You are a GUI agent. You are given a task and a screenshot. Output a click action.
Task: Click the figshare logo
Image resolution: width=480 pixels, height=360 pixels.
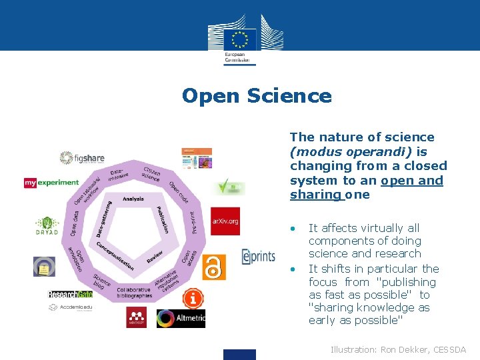pyautogui.click(x=82, y=158)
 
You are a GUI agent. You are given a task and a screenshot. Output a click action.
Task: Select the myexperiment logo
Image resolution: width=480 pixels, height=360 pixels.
pyautogui.click(x=51, y=182)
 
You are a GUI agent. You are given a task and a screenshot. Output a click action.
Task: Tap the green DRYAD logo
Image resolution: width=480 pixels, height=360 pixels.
pyautogui.click(x=47, y=226)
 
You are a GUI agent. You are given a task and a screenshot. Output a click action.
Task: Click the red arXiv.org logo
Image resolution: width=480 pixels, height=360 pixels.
pyautogui.click(x=225, y=221)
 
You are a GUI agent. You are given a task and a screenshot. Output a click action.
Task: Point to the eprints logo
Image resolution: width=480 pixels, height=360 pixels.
pyautogui.click(x=258, y=256)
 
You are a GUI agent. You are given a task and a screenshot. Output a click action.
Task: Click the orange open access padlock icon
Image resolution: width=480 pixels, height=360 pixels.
pyautogui.click(x=214, y=267)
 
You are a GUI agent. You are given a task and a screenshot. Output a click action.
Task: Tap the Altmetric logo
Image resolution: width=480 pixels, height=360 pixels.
pyautogui.click(x=181, y=319)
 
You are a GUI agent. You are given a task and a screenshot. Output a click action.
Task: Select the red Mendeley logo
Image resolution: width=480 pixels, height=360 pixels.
pyautogui.click(x=136, y=317)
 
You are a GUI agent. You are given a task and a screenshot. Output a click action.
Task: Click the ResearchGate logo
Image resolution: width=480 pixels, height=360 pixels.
pyautogui.click(x=70, y=294)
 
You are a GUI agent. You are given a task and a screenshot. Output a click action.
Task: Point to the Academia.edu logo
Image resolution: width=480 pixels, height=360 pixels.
pyautogui.click(x=70, y=307)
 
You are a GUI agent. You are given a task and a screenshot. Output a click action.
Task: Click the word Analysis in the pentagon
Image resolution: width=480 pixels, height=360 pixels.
pyautogui.click(x=133, y=199)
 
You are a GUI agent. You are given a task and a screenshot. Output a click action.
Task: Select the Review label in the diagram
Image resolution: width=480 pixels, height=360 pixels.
pyautogui.click(x=155, y=256)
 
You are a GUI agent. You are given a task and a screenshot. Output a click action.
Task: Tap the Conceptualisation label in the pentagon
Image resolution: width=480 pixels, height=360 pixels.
pyautogui.click(x=115, y=255)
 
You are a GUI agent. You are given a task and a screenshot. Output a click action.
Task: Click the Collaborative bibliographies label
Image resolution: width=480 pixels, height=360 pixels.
pyautogui.click(x=134, y=293)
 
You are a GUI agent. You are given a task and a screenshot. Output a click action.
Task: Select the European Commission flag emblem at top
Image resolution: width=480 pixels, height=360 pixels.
pyautogui.click(x=239, y=37)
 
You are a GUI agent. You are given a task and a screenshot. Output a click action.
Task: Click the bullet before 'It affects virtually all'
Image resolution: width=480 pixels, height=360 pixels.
pyautogui.click(x=292, y=228)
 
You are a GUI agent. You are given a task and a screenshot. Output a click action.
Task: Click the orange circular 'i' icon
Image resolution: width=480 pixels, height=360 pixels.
pyautogui.click(x=193, y=298)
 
